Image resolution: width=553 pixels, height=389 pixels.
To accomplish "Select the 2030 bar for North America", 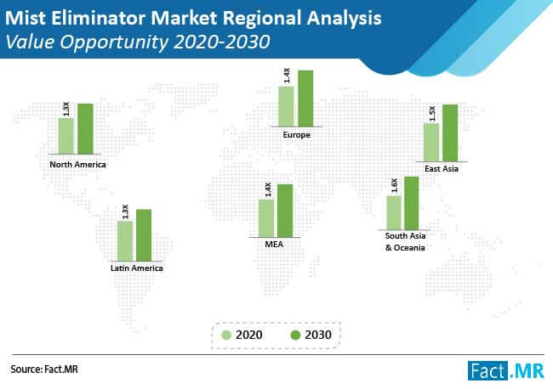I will click(x=84, y=130).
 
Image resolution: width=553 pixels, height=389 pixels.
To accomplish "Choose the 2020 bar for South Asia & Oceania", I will click(x=393, y=211).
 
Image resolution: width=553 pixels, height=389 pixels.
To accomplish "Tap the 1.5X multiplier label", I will click(x=432, y=112).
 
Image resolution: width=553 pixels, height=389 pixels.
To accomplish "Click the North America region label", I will click(x=77, y=164).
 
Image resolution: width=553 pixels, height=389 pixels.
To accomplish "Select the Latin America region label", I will click(x=136, y=268).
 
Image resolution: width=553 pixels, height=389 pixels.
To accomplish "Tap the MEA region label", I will click(x=276, y=244).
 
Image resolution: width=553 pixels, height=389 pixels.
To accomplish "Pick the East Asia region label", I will click(x=441, y=169).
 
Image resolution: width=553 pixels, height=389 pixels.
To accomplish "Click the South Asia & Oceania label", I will click(x=404, y=241).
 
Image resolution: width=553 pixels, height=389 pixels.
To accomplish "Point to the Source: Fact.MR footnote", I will click(x=50, y=369).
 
